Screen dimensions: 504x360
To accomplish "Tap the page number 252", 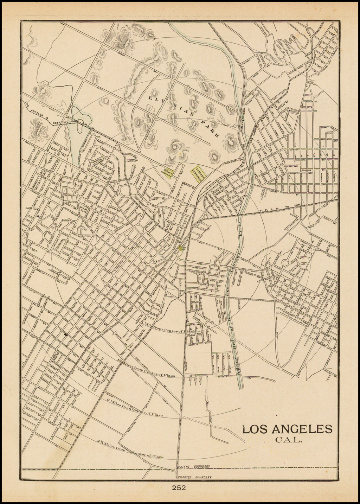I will click(x=179, y=488).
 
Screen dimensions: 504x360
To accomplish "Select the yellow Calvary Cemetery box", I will click(x=198, y=173).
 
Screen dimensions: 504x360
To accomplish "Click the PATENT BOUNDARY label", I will click(x=194, y=466).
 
